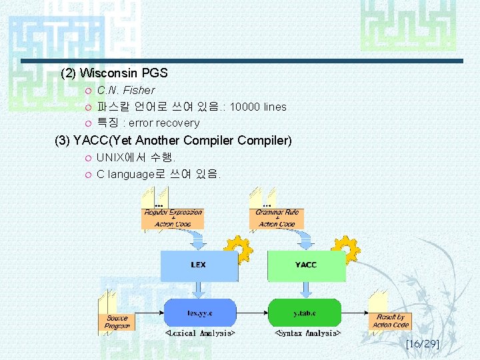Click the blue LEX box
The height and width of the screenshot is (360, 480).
pos(198,265)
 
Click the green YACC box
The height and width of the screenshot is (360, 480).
pos(306,265)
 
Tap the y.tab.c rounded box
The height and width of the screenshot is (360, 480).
pos(305,312)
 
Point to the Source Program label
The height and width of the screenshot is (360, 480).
pos(117,322)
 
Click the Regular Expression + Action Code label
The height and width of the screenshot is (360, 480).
pos(173,218)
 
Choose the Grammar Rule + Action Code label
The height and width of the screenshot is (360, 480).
pos(277,218)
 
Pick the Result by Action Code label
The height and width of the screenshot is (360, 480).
pos(391,321)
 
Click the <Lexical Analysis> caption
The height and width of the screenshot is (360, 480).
pos(199,332)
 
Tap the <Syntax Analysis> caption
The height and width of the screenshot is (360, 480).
pos(309,332)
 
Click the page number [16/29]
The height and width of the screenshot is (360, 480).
pos(422,344)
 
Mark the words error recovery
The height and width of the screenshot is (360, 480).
pos(164,123)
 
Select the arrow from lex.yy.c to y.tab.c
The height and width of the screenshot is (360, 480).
pos(252,312)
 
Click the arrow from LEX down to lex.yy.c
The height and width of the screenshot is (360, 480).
pos(198,289)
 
